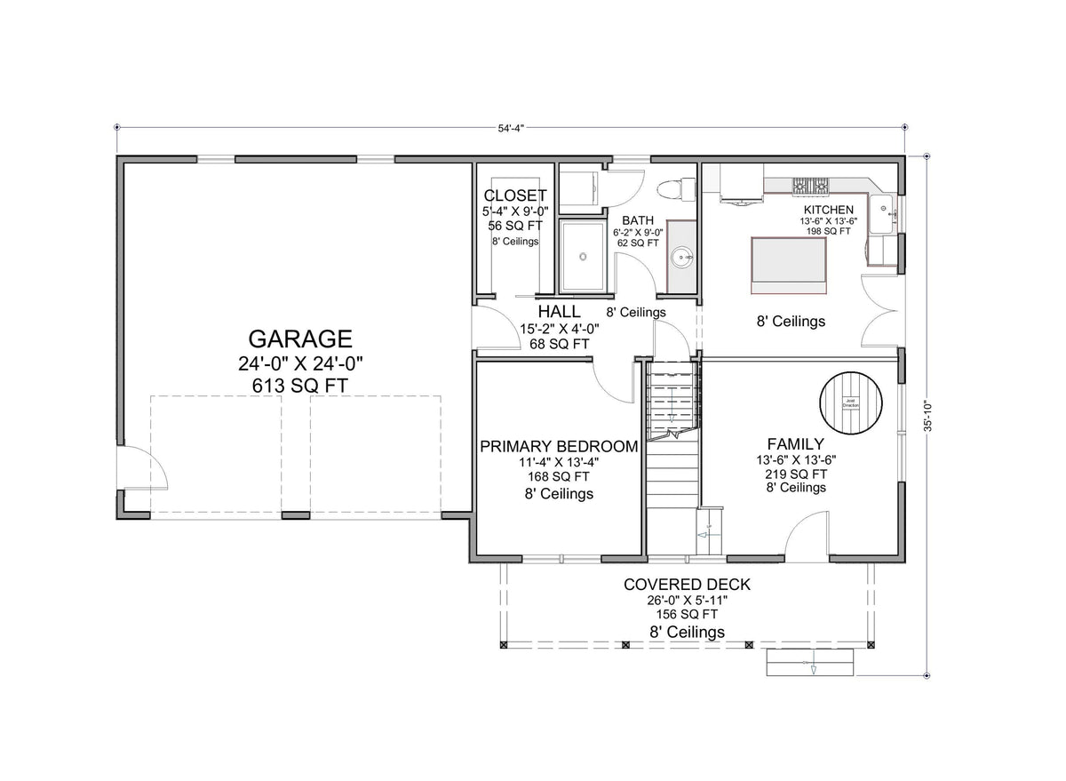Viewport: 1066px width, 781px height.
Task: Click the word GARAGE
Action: coord(299,339)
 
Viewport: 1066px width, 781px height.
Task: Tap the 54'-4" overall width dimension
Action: coord(511,128)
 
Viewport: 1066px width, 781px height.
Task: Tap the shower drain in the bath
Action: coord(583,257)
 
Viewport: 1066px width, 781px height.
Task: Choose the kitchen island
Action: coord(789,263)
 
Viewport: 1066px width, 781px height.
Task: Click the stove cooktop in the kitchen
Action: coord(810,186)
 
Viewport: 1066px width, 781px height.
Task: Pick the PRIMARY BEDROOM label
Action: coord(559,446)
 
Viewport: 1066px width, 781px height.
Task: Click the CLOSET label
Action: coord(515,195)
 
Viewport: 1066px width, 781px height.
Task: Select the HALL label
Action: coord(559,312)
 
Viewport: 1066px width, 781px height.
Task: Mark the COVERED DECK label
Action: coord(687,585)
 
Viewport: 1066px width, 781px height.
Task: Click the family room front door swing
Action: coord(807,538)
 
